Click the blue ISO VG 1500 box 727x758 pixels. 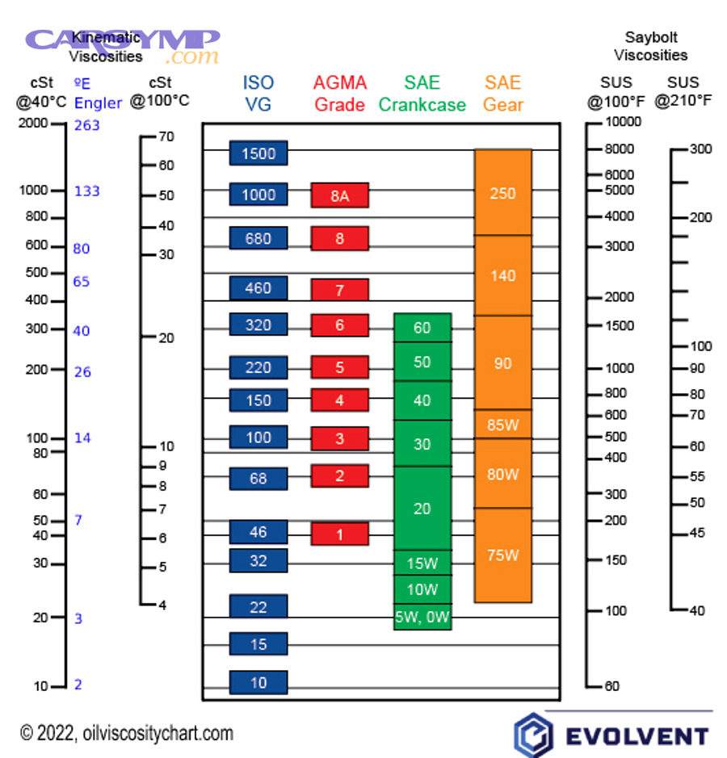tap(258, 153)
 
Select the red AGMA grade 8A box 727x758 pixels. tap(339, 195)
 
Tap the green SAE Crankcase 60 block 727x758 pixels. tap(422, 328)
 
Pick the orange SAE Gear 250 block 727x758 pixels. tap(502, 193)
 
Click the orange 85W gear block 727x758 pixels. tap(502, 424)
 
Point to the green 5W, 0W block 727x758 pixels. tap(422, 618)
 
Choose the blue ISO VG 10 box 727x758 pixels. tap(258, 683)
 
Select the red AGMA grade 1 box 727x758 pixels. tap(339, 534)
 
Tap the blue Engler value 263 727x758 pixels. tap(86, 125)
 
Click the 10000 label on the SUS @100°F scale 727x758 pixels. tap(624, 122)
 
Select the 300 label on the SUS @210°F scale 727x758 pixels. tap(700, 149)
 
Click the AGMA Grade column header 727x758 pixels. tap(339, 93)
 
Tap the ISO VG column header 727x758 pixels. tap(258, 93)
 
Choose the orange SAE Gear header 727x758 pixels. tap(503, 93)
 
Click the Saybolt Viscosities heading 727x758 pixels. tap(650, 46)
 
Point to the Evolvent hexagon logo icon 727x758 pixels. tap(532, 735)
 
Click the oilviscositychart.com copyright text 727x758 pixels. tap(127, 733)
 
